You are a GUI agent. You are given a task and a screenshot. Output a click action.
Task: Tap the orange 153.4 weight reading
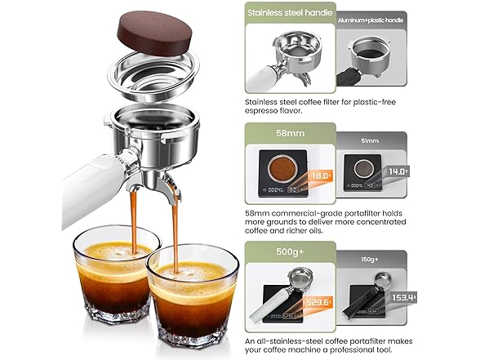(402, 297)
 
